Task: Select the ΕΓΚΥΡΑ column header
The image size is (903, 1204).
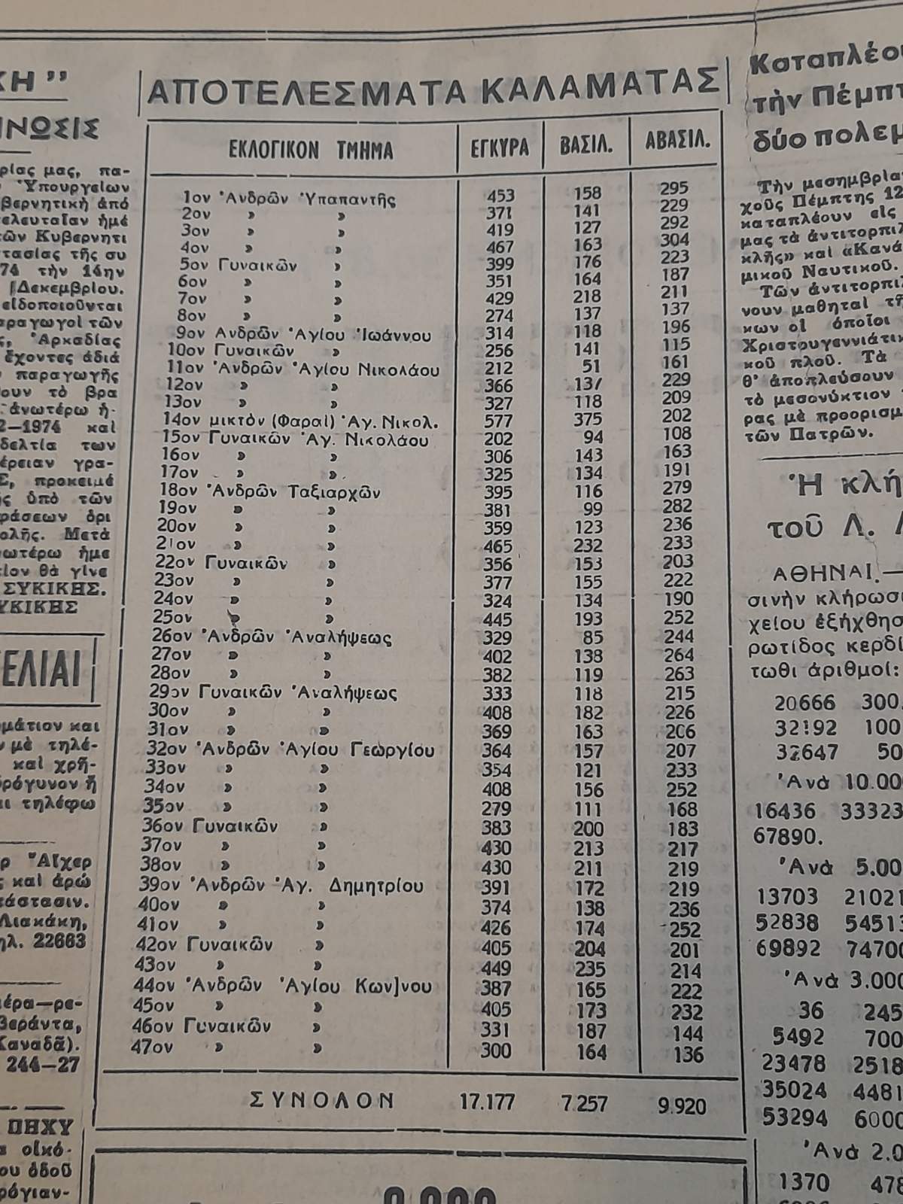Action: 500,147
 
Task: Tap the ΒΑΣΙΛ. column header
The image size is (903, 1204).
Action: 585,144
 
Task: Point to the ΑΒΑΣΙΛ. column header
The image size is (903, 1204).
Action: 676,141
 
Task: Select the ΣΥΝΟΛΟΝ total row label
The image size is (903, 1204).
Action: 321,1100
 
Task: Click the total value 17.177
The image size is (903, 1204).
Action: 487,1102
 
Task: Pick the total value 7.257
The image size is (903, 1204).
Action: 585,1103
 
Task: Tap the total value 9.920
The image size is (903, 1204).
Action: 682,1105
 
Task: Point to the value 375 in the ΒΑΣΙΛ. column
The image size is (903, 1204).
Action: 587,419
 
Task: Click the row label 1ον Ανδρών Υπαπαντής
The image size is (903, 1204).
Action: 289,199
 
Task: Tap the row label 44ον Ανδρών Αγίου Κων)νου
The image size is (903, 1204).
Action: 285,986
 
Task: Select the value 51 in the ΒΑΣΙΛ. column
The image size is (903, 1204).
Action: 593,366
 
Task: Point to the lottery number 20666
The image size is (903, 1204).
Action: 804,703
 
